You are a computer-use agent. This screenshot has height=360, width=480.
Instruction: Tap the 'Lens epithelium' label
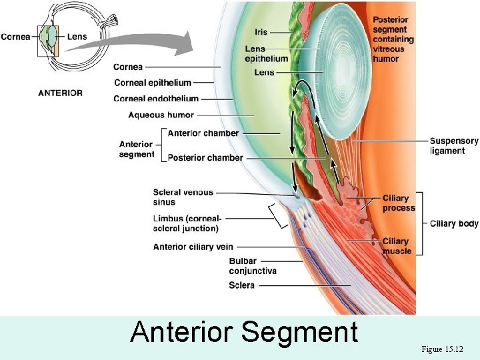click(x=266, y=53)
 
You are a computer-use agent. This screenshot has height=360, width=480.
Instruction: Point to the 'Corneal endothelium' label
click(x=156, y=99)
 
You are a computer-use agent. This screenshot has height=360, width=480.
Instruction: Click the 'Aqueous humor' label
click(x=161, y=115)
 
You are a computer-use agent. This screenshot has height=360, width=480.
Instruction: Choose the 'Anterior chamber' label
click(x=203, y=133)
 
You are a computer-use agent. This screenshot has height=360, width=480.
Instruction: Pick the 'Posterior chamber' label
click(x=205, y=158)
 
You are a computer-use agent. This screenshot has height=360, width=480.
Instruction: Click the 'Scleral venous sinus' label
click(x=183, y=197)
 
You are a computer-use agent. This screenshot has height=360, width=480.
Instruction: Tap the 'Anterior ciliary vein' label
click(x=193, y=247)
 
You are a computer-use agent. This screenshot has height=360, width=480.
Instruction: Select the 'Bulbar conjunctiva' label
click(x=252, y=266)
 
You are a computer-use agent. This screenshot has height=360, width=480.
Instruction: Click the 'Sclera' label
click(x=241, y=285)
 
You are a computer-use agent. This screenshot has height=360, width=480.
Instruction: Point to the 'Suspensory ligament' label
click(x=454, y=146)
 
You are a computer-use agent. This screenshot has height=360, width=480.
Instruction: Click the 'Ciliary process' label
click(x=398, y=203)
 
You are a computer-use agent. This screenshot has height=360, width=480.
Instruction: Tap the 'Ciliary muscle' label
click(x=396, y=246)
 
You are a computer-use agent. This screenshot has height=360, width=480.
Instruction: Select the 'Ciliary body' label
click(x=454, y=223)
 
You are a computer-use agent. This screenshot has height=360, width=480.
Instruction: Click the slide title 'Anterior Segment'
click(x=244, y=332)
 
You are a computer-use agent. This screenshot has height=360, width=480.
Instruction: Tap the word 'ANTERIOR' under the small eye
click(x=60, y=93)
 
